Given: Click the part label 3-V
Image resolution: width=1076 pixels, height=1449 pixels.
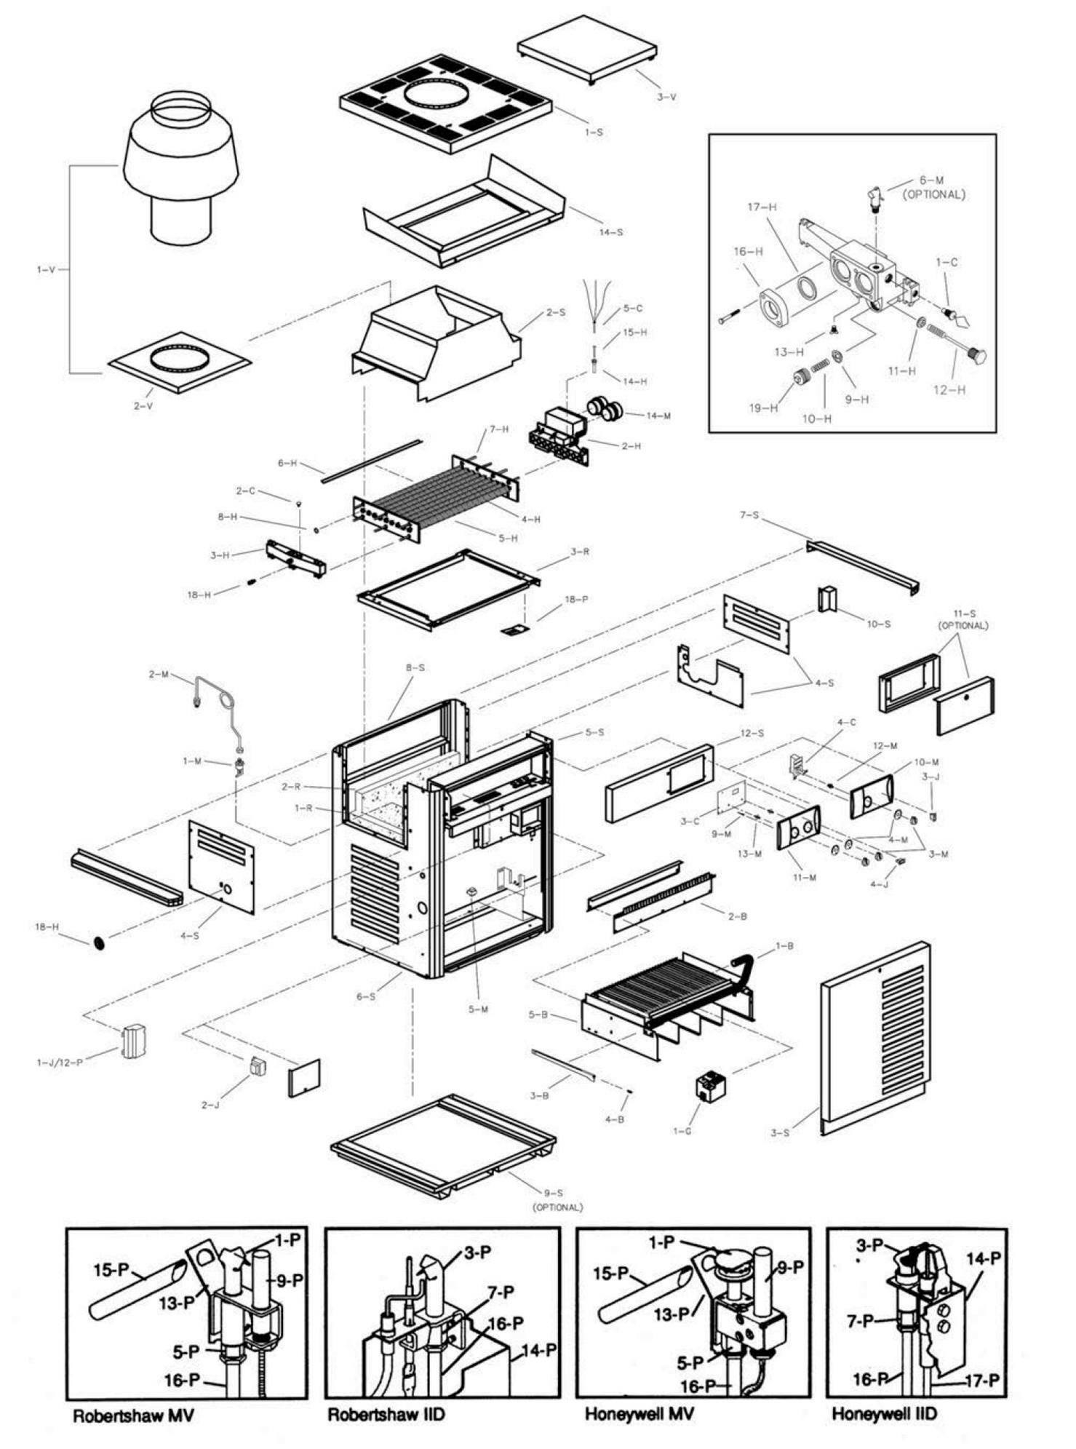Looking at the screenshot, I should pos(666,96).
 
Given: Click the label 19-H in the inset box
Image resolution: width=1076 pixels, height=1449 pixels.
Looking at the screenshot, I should pos(762,408).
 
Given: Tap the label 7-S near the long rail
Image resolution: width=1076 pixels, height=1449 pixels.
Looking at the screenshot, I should pos(749,515).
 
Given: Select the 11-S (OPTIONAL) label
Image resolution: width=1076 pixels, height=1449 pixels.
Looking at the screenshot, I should pos(963,619).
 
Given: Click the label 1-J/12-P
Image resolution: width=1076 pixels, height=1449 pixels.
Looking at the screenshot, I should pos(60,1063).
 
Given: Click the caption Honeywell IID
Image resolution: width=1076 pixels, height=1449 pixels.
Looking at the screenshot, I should pos(884,1414).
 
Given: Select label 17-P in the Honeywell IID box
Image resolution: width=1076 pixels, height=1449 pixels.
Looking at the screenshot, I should pos(981,1380).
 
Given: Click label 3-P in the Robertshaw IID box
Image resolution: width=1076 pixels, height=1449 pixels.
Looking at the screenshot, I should pos(477,1253).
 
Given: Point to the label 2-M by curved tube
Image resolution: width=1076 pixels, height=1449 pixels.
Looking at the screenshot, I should pos(159,675).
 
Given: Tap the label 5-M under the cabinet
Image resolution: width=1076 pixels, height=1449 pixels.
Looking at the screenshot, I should pos(478,1009).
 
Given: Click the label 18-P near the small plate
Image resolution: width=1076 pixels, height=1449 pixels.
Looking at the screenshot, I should pos(576,599).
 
